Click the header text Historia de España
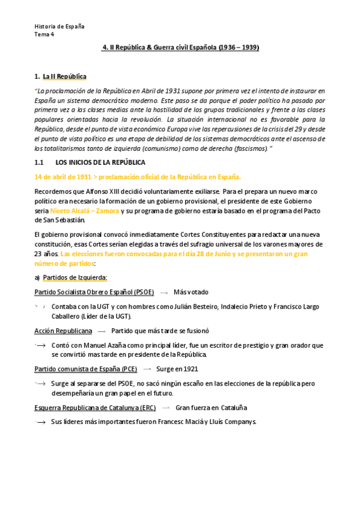(59, 26)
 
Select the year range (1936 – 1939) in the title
(239, 47)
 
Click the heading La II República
(64, 76)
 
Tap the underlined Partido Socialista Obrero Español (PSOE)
(94, 292)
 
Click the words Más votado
(191, 292)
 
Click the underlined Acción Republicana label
(63, 331)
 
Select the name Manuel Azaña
(106, 345)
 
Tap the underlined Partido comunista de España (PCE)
(86, 369)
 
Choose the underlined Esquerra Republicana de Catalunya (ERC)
(95, 407)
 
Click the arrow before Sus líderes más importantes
(41, 422)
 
